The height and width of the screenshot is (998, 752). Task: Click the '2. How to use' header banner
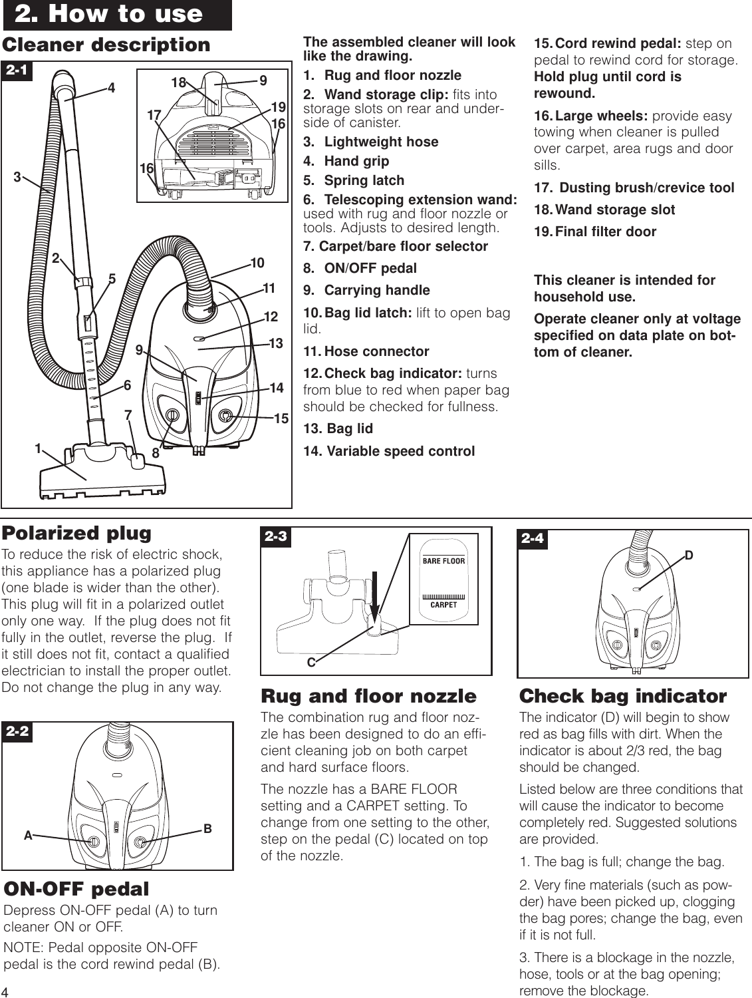[117, 15]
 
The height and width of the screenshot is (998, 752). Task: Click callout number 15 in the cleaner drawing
[281, 418]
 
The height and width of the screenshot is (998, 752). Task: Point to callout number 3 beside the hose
[17, 177]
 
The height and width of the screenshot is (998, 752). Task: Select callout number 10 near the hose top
[257, 263]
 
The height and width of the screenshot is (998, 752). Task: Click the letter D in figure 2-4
[689, 555]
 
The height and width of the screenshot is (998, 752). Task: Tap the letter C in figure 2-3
[311, 663]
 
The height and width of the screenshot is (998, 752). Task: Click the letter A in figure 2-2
[28, 836]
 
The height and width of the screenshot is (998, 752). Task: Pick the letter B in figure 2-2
[207, 829]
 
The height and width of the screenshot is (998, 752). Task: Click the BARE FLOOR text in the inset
[443, 561]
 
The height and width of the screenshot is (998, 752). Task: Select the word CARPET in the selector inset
[443, 605]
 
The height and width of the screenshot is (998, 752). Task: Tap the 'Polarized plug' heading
[76, 533]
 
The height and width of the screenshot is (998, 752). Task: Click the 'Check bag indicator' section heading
[622, 696]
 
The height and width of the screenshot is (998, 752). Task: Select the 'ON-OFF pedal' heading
[76, 889]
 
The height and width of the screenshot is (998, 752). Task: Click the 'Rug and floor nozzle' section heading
[368, 696]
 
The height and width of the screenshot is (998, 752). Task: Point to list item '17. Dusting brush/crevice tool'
[635, 188]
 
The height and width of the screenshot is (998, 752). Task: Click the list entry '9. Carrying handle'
[366, 290]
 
